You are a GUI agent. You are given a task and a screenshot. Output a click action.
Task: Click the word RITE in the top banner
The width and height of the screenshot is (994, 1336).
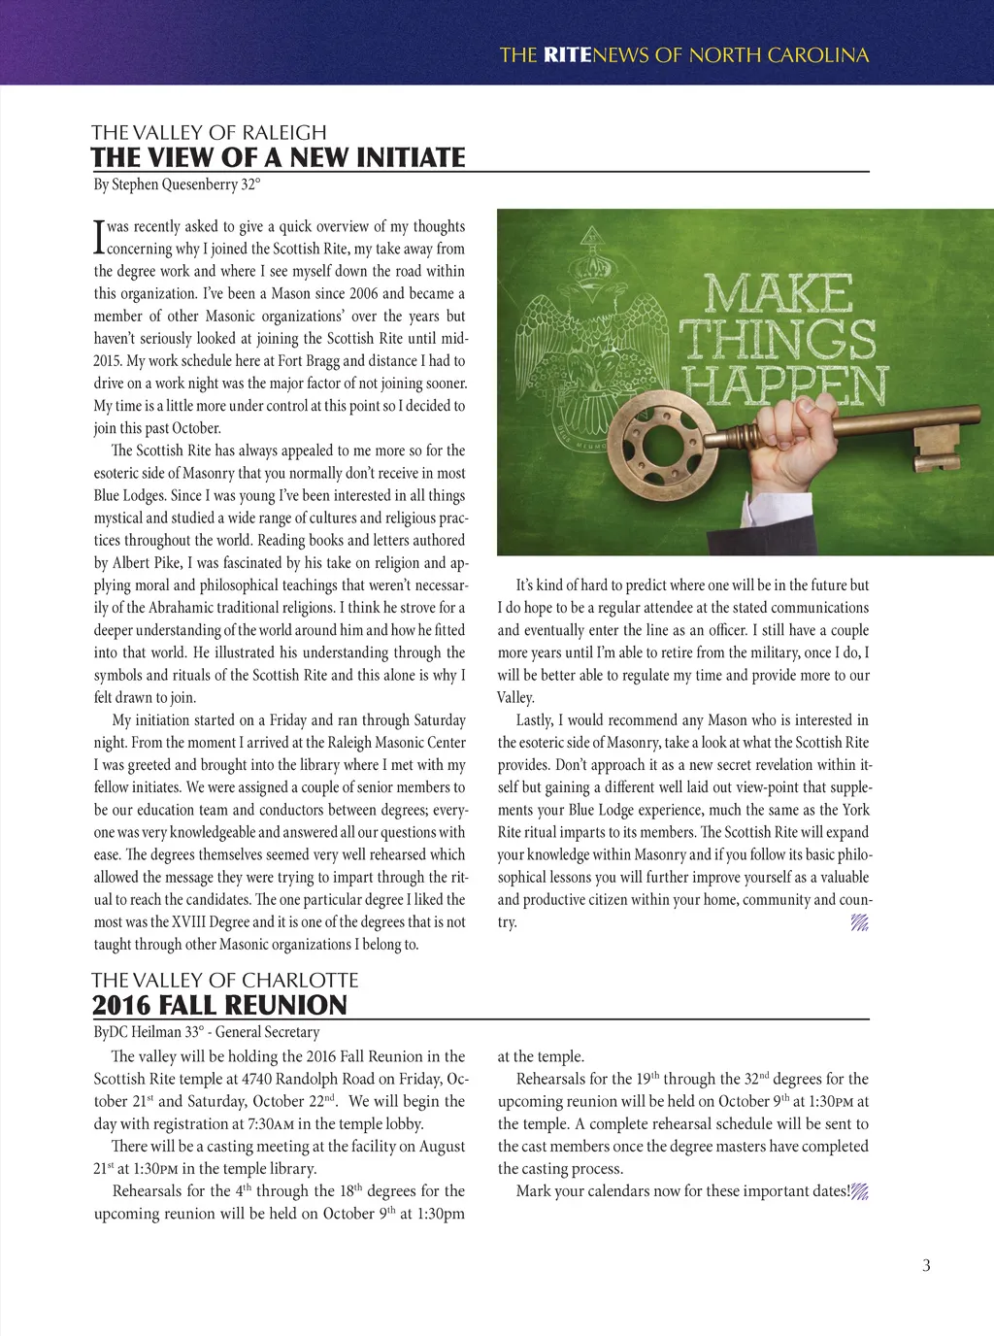coord(567,55)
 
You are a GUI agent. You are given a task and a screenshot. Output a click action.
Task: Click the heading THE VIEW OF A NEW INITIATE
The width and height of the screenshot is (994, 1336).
coord(279,157)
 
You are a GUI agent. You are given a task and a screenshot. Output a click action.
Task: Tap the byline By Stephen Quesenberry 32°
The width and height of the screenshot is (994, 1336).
coord(177,184)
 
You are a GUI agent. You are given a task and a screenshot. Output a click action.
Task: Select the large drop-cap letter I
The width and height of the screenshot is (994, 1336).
coord(98,236)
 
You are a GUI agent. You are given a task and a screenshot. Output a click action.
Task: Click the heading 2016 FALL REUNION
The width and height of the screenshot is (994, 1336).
coord(219,1005)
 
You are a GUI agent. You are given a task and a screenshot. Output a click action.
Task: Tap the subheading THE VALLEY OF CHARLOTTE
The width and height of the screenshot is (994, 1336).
coord(225,980)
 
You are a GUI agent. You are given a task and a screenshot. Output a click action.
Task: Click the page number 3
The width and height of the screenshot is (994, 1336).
coord(926,1265)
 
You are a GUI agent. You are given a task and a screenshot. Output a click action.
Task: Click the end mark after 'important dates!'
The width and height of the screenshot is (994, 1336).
coord(860,1191)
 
